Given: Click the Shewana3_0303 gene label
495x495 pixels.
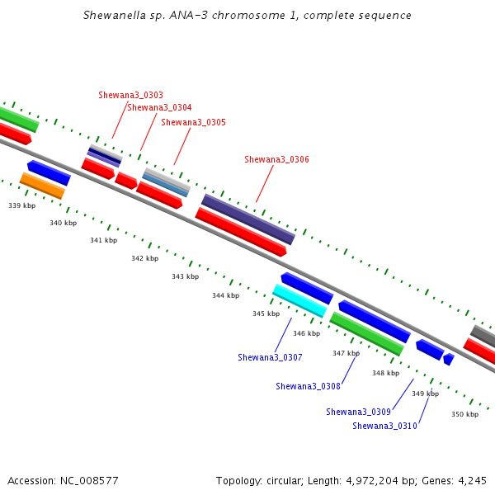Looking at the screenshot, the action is (130, 95).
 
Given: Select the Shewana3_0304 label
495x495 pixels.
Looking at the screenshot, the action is (159, 107).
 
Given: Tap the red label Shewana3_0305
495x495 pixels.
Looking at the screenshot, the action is (194, 122).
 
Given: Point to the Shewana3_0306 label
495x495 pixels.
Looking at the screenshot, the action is (277, 159).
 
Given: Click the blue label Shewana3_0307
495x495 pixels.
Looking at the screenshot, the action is (270, 357).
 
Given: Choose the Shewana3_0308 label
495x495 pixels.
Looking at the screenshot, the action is (308, 386).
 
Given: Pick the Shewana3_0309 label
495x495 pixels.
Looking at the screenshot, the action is (358, 412).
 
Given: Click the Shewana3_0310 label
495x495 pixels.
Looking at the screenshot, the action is (384, 426).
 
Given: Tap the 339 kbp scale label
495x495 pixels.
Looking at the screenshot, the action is (22, 205).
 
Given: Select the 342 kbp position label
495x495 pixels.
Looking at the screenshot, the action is (145, 258).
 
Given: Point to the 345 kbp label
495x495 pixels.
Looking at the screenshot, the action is (266, 313).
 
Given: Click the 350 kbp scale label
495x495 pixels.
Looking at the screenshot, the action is (465, 414).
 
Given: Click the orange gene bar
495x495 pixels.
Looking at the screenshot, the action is (42, 186).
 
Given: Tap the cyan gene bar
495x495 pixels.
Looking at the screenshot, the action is (299, 300).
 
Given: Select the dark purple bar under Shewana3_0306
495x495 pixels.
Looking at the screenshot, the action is (248, 219).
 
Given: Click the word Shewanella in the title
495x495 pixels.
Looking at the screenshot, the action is (115, 15).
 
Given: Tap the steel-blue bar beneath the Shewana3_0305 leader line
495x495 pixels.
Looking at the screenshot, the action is (165, 185).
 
